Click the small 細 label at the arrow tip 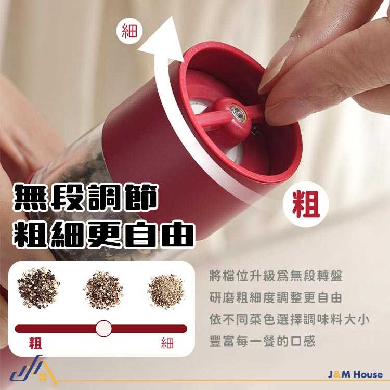[129, 31]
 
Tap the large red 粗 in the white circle [306, 204]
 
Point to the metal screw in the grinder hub [238, 112]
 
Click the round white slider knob [103, 328]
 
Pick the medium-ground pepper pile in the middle [103, 291]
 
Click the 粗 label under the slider [35, 343]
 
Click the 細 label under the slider [167, 343]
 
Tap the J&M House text [355, 374]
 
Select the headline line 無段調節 [85, 197]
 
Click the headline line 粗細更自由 [103, 235]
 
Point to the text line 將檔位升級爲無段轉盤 [276, 276]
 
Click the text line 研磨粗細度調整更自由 [276, 298]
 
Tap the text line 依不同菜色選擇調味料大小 [289, 320]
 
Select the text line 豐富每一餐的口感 [263, 341]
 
